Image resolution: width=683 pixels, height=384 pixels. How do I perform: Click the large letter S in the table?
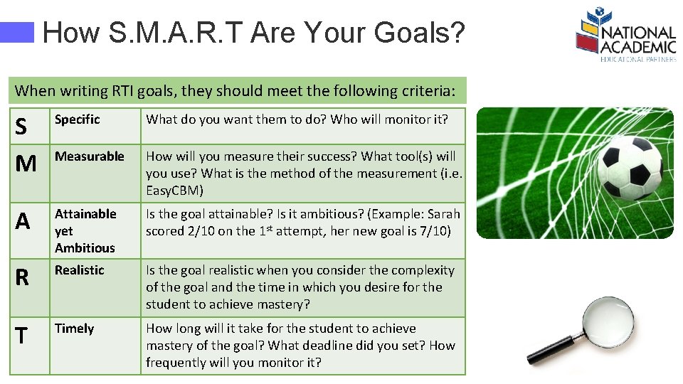pos(21,127)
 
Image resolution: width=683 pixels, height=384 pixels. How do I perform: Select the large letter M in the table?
pos(26,164)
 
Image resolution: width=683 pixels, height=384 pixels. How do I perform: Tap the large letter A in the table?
pos(23,222)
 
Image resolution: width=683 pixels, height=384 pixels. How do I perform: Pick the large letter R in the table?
pos(22,278)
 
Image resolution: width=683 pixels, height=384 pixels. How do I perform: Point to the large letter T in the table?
pos(21,336)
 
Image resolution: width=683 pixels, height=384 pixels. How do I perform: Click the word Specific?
pos(77,119)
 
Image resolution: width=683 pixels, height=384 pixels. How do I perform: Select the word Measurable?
pos(89,156)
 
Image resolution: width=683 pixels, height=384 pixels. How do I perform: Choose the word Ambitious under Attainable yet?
pos(84,248)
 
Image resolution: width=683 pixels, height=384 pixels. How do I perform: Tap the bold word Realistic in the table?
pos(79,270)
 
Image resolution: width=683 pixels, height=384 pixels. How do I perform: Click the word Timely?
pos(74,329)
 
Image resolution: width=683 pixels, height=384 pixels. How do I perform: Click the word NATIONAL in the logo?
pos(637,33)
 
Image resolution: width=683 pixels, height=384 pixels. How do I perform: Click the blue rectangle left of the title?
pos(17,32)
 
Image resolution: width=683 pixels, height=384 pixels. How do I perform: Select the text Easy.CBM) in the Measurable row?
pos(174,191)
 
